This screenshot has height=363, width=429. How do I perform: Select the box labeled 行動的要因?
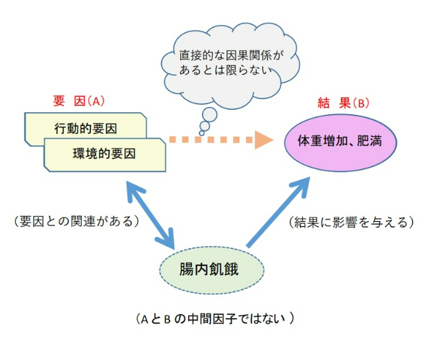pyautogui.click(x=84, y=126)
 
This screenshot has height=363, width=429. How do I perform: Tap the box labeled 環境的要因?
pyautogui.click(x=104, y=154)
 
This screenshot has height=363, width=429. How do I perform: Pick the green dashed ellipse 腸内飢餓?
pyautogui.click(x=211, y=269)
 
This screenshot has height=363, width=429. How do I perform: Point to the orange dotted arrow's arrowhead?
pyautogui.click(x=263, y=140)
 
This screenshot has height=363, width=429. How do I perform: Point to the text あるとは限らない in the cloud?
pyautogui.click(x=224, y=69)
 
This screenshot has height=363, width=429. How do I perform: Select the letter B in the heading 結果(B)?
pyautogui.click(x=360, y=103)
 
